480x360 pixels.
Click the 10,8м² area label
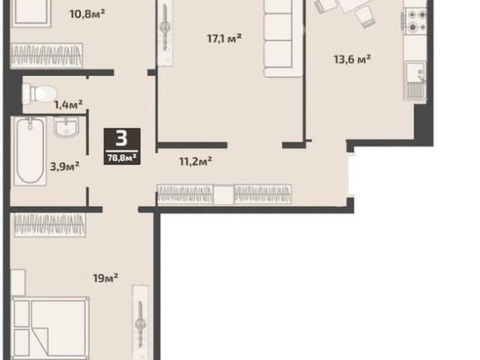88,13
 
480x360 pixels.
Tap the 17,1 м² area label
224,38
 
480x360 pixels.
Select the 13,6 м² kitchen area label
352,59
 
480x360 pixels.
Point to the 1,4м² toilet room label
68,105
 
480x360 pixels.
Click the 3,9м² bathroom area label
64,166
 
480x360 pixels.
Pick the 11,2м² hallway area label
196,161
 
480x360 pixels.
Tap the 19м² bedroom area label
106,278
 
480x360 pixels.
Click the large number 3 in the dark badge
121,139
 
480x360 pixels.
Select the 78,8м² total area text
121,158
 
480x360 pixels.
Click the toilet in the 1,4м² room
40,93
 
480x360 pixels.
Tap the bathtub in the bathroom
30,151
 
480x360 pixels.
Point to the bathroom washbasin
67,127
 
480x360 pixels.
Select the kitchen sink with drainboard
415,81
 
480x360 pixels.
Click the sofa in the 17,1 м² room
283,38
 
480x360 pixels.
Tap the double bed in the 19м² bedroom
50,328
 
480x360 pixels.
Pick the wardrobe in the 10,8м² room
46,55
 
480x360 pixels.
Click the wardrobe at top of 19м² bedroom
50,225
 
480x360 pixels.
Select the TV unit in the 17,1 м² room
165,33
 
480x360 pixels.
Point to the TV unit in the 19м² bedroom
140,322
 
